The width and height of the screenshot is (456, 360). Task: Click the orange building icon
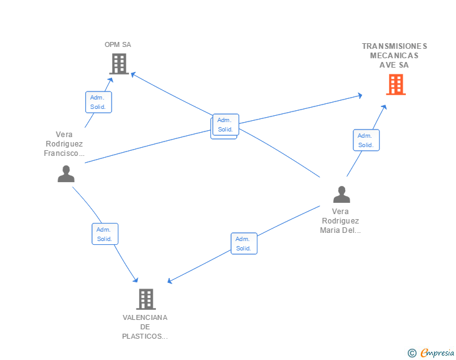(x=396, y=85)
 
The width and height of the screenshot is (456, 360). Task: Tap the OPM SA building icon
(x=119, y=64)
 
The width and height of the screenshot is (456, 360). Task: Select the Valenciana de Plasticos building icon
(x=146, y=299)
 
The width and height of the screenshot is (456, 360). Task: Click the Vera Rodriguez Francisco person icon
(x=66, y=173)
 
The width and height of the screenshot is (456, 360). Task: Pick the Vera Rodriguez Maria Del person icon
(x=341, y=194)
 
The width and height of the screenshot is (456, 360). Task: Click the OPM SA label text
(x=118, y=45)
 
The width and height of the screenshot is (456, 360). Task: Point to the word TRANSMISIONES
(x=395, y=46)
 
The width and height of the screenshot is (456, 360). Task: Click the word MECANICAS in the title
(x=395, y=56)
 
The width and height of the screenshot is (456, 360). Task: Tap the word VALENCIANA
(x=145, y=317)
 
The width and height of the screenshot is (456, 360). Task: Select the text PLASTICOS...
(x=145, y=336)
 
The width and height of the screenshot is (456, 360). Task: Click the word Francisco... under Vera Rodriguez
(x=64, y=153)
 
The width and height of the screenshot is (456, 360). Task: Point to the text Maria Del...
(x=340, y=230)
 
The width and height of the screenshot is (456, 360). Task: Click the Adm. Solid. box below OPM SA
(x=98, y=102)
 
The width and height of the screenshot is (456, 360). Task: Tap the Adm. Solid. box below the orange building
(x=366, y=140)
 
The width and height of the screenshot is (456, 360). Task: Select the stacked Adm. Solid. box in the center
(x=225, y=126)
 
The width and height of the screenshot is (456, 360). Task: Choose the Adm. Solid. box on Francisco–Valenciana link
(x=105, y=234)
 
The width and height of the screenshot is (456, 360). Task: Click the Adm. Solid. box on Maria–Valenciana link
(x=244, y=244)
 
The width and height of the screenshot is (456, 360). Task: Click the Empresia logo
(x=437, y=352)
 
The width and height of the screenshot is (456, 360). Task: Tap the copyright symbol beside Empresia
(x=412, y=353)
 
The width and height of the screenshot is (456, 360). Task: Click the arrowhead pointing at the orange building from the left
(x=360, y=96)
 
